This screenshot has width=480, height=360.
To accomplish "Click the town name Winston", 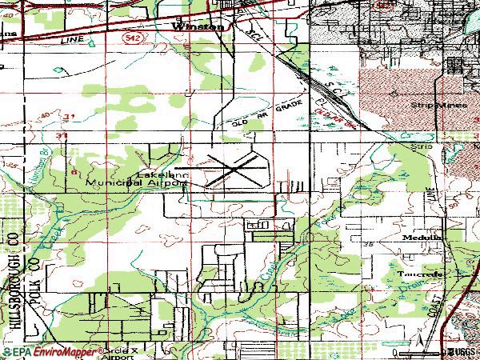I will tap(194, 26).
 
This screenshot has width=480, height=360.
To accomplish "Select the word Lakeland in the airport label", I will tap(155, 174).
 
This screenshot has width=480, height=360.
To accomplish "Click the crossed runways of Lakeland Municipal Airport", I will tap(231, 170).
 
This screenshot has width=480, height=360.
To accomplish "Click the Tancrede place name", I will tap(414, 273).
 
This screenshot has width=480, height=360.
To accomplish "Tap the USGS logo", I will tap(461, 351).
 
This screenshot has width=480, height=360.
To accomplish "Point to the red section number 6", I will tap(74, 171).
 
